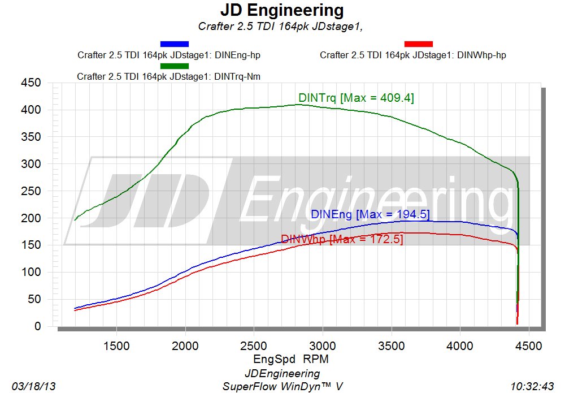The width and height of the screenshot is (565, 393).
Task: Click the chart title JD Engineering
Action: (281, 10)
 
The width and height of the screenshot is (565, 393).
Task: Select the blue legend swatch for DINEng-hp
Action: (175, 44)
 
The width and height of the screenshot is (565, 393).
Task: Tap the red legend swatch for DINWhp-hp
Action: (419, 44)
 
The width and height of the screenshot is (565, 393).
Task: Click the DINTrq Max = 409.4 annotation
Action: (356, 98)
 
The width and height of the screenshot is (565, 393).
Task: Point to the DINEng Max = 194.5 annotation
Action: (371, 214)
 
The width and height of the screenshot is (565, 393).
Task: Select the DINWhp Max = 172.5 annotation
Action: (342, 239)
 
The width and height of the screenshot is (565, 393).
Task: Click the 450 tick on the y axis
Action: (31, 83)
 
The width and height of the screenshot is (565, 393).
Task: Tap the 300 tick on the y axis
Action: (31, 164)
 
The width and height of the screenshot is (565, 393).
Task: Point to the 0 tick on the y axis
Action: (37, 326)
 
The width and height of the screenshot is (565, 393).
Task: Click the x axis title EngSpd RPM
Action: (290, 359)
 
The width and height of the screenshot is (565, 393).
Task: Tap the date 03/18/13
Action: (33, 386)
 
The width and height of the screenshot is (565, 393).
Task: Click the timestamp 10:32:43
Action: (532, 386)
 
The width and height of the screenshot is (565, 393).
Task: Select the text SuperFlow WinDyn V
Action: (282, 386)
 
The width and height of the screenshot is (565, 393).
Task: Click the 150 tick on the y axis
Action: (31, 245)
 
